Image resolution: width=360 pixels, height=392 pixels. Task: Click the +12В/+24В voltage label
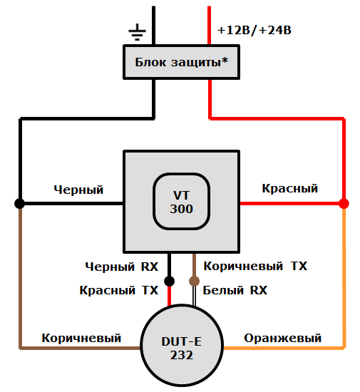[254, 31]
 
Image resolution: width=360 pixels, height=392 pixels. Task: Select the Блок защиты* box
[181, 61]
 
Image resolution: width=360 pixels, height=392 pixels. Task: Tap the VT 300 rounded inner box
[181, 202]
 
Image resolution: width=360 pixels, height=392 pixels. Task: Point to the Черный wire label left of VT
[78, 190]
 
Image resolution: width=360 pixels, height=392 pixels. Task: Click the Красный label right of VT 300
[289, 188]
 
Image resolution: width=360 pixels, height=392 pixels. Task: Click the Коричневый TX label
[255, 266]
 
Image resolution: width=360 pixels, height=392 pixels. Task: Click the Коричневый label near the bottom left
[81, 337]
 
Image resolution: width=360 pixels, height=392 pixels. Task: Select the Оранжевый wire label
[282, 337]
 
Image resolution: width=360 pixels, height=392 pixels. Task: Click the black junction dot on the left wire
[20, 203]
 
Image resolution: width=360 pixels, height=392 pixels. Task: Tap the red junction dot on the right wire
[344, 203]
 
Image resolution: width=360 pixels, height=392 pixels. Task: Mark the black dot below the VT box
[170, 280]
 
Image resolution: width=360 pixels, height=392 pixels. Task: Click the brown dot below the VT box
[193, 280]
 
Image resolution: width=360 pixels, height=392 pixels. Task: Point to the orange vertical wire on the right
[344, 278]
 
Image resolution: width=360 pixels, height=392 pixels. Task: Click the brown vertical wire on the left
[20, 278]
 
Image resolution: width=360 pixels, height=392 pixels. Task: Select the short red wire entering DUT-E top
[170, 295]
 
